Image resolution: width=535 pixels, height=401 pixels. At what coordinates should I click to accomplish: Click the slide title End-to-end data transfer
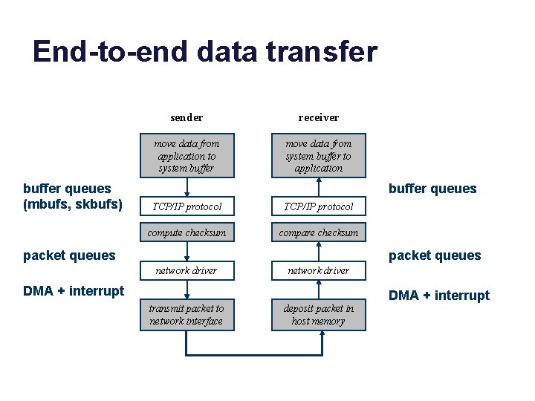coord(205,52)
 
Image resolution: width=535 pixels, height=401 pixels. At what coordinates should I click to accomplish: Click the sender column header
coord(187,117)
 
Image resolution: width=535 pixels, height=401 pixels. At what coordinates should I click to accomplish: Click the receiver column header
coord(318,117)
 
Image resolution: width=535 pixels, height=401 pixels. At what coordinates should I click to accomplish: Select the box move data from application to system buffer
coord(187,155)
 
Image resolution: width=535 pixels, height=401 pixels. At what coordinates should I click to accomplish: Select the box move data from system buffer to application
coord(318,155)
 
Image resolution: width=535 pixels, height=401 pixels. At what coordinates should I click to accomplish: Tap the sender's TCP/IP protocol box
coord(187,206)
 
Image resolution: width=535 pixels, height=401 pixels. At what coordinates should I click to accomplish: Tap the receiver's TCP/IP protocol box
coord(318,206)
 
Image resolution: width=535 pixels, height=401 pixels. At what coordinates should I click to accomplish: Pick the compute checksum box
coord(187,232)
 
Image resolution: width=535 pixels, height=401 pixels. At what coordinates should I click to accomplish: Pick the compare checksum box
coord(318,232)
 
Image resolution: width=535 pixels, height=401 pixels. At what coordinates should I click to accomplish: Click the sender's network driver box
coord(187,270)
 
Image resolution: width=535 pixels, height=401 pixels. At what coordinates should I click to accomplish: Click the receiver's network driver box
coord(318,270)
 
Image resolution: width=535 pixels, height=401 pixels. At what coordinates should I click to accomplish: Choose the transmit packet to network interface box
coord(187,315)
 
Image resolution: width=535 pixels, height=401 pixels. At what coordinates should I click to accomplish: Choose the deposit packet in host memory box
coord(318,315)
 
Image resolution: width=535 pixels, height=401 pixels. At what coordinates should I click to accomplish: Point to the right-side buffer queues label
coord(432,189)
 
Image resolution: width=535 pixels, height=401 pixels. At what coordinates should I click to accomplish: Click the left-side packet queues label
coord(70,255)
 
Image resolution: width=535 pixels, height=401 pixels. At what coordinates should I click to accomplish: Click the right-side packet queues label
coord(435,255)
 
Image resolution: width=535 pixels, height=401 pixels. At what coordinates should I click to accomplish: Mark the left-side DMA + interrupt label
coord(74,290)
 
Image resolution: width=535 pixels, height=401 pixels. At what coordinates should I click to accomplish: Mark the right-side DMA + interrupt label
coord(439,296)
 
